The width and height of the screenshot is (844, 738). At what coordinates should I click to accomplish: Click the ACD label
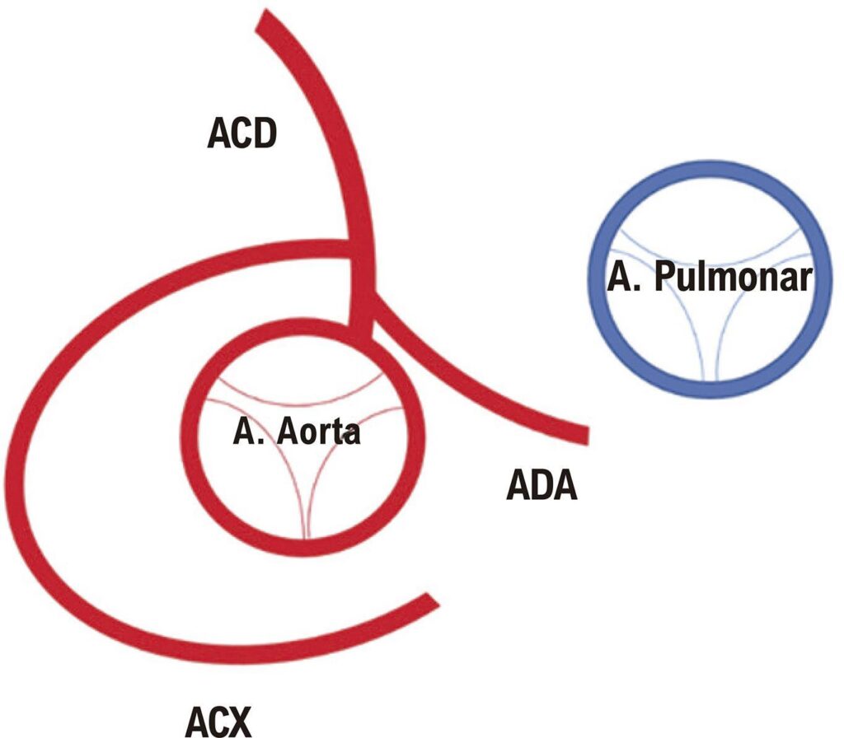pyautogui.click(x=241, y=134)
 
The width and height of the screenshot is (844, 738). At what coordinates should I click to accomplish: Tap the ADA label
pyautogui.click(x=542, y=486)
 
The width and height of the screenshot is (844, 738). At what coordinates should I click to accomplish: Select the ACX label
pyautogui.click(x=218, y=722)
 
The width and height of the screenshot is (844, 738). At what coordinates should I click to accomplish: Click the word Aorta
pyautogui.click(x=318, y=432)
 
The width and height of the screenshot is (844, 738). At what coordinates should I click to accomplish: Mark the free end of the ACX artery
pyautogui.click(x=432, y=601)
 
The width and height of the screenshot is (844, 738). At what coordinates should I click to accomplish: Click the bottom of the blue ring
pyautogui.click(x=710, y=390)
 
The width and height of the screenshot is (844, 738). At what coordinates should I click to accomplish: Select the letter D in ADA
pyautogui.click(x=542, y=486)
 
